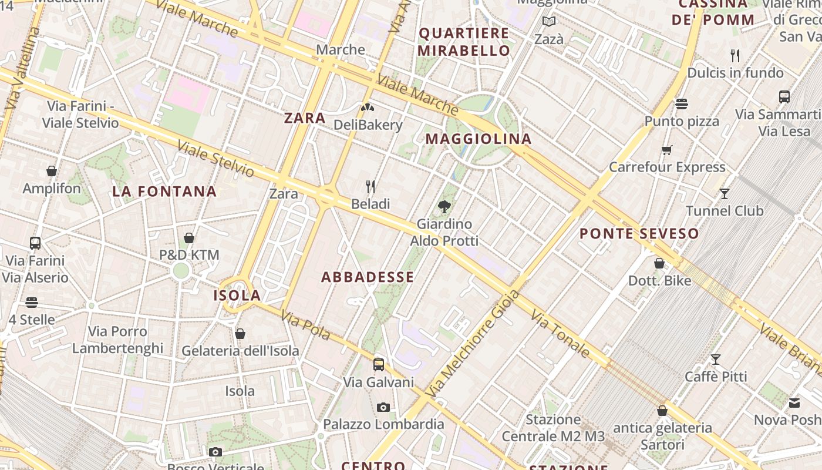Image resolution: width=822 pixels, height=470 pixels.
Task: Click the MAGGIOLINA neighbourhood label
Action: point(479,139)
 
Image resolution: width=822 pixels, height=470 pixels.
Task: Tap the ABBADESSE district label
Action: point(368,277)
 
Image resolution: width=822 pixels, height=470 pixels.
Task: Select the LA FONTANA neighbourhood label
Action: point(164,192)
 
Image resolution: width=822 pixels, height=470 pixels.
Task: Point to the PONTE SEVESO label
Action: point(639,234)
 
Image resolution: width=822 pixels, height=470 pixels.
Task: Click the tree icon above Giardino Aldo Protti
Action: point(444,207)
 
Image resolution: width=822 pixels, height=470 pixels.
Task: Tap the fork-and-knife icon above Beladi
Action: point(370,187)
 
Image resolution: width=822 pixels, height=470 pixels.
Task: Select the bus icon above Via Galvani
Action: point(379,365)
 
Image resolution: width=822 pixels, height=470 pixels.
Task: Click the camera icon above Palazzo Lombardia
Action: point(383,407)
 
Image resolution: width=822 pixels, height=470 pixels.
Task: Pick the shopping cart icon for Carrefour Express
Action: point(666,150)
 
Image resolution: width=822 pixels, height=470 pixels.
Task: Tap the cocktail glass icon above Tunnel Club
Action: point(725,193)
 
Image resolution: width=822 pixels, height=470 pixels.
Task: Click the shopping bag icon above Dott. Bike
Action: point(659,263)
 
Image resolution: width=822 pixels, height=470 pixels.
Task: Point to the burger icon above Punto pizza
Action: point(682,104)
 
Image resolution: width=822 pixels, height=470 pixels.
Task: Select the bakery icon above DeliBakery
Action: point(368,108)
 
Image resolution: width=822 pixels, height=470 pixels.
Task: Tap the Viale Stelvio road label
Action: point(215,159)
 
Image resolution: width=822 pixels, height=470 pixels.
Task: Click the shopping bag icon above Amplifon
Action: point(52,171)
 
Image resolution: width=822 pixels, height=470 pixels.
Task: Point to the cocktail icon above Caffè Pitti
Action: point(716,359)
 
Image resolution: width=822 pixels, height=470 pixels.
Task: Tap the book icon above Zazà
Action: point(549,22)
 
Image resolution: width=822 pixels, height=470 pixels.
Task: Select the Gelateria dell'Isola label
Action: point(240,351)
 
